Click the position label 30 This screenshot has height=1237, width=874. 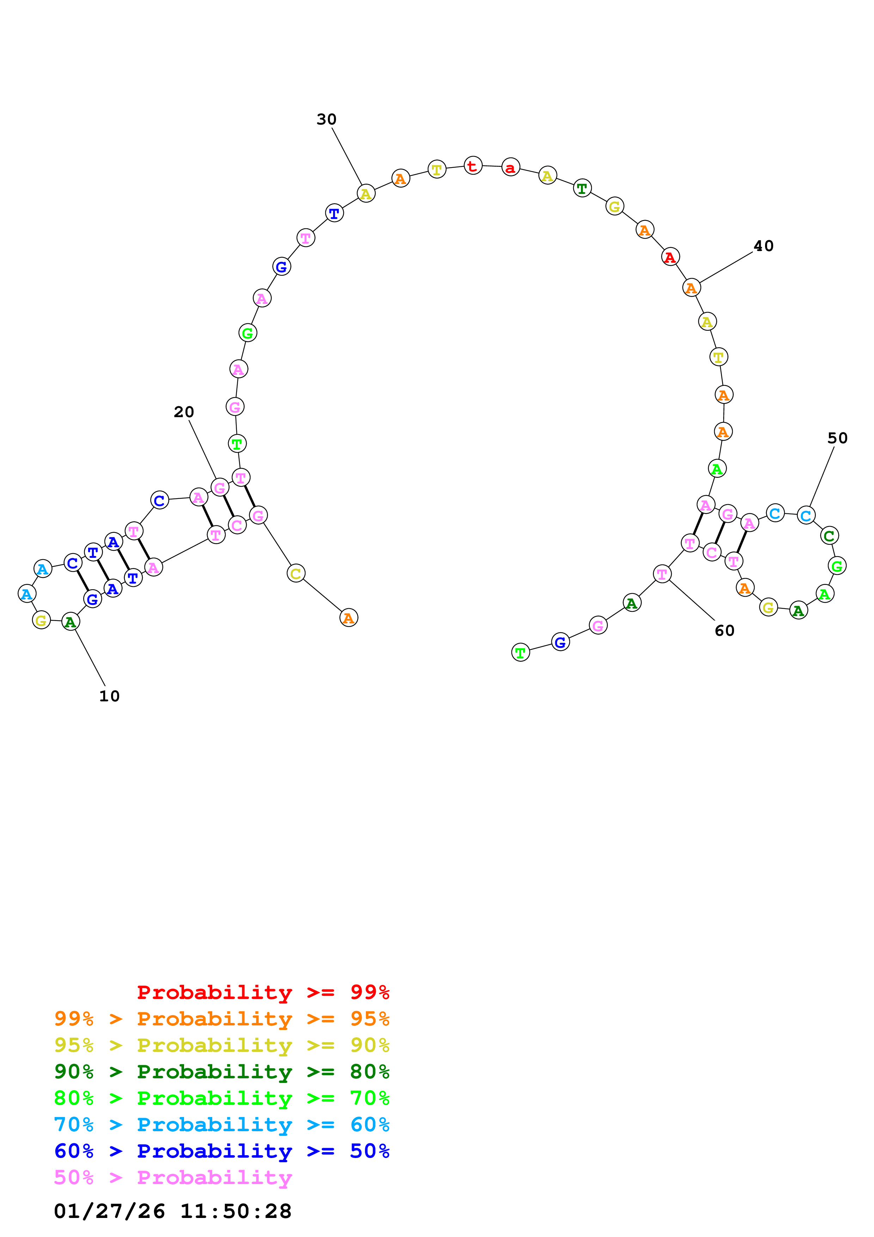[x=326, y=119]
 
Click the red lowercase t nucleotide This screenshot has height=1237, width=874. [x=473, y=166]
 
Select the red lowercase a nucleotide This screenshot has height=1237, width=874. [x=511, y=167]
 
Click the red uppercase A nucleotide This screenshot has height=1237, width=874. [x=670, y=257]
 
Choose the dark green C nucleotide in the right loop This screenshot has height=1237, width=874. [x=829, y=536]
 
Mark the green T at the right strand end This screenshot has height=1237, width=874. [x=520, y=652]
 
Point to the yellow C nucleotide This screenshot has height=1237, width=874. [x=296, y=573]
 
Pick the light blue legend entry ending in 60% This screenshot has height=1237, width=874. [x=221, y=1125]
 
